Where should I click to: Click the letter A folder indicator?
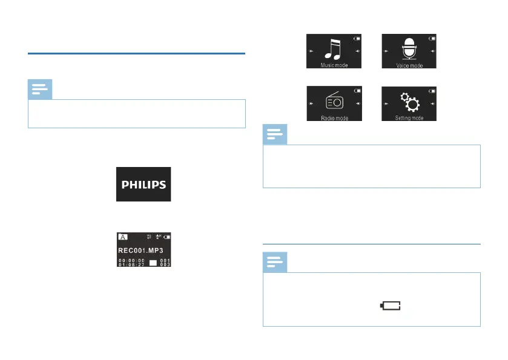pyautogui.click(x=122, y=238)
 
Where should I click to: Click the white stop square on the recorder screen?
pyautogui.click(x=153, y=263)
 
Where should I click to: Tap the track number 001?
pyautogui.click(x=165, y=260)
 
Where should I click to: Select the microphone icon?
pyautogui.click(x=409, y=48)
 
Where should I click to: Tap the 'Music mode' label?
pyautogui.click(x=334, y=65)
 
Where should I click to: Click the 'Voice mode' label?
pyautogui.click(x=409, y=65)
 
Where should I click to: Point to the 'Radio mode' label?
pyautogui.click(x=334, y=119)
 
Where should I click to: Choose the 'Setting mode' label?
pyautogui.click(x=409, y=119)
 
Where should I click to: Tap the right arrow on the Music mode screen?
pyautogui.click(x=358, y=51)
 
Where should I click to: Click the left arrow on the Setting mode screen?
pyautogui.click(x=385, y=104)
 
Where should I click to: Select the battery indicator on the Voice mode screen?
pyautogui.click(x=432, y=38)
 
